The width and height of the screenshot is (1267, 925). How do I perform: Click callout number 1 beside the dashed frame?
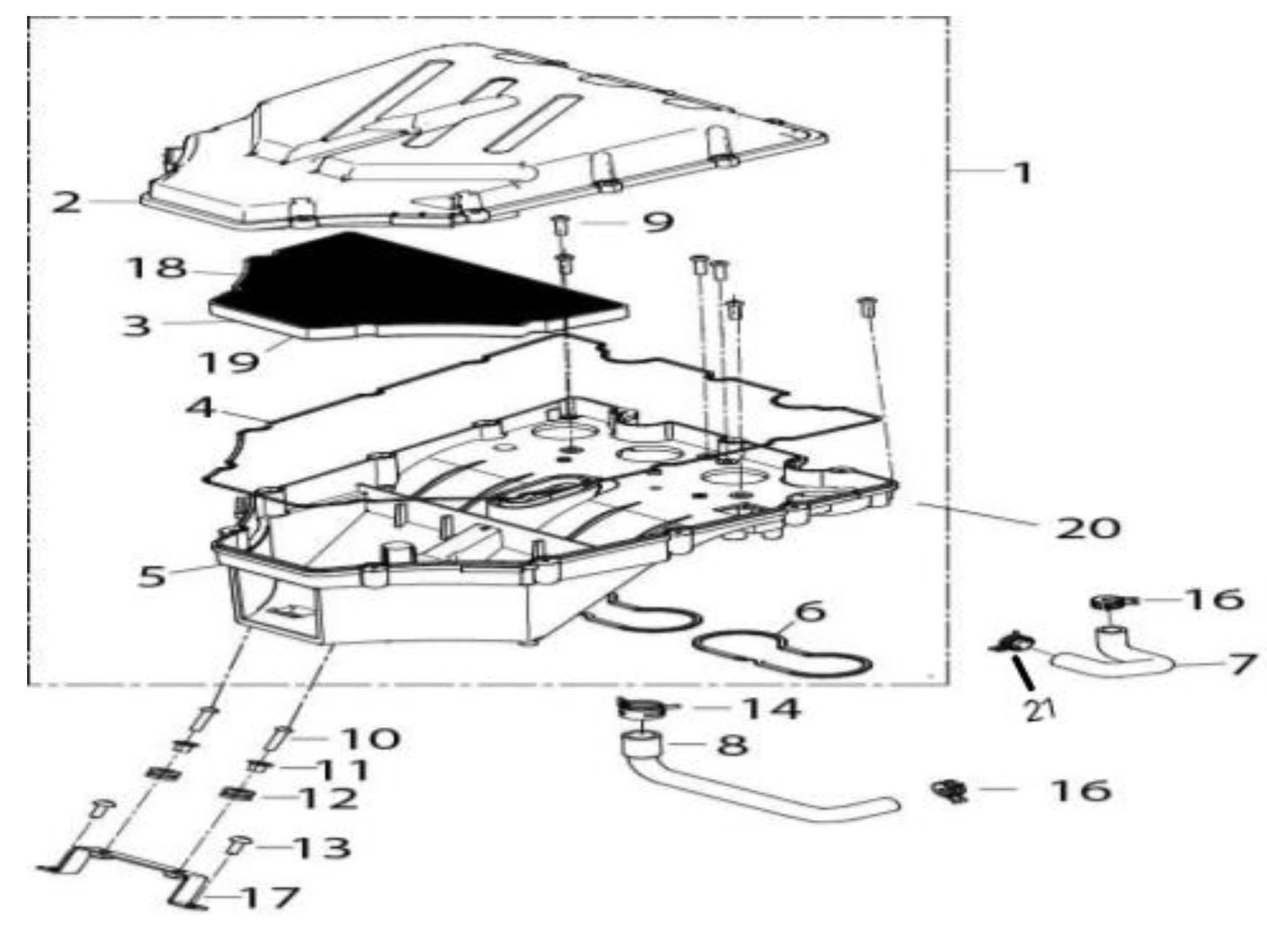[1022, 173]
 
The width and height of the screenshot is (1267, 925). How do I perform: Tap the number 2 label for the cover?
[67, 202]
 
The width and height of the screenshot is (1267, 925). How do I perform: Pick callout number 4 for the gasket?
[199, 408]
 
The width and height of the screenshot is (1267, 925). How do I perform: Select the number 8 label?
[732, 745]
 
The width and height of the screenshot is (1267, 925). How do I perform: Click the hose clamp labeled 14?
[638, 708]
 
